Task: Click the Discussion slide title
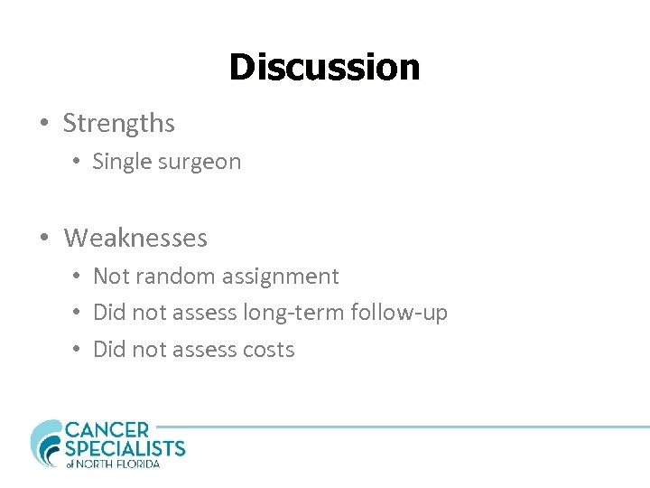[324, 67]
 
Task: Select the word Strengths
[118, 123]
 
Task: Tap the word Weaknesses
[135, 239]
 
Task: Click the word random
[172, 277]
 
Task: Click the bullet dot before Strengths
[44, 123]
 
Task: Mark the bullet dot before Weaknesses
[44, 239]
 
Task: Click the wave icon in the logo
[45, 442]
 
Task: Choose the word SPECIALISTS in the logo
[125, 448]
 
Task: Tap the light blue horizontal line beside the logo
[406, 427]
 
